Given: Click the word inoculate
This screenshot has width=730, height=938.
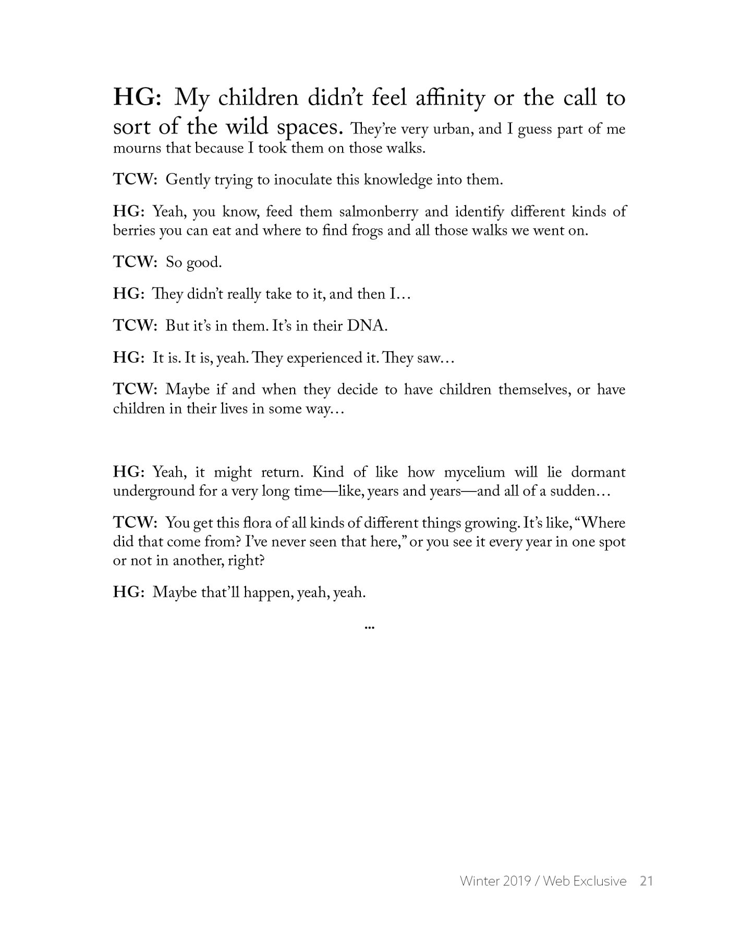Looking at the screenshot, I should (x=303, y=180).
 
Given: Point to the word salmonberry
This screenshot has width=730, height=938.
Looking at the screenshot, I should (x=379, y=212).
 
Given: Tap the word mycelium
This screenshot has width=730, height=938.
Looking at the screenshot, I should (x=475, y=473).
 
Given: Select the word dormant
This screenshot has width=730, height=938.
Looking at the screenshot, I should (x=598, y=473).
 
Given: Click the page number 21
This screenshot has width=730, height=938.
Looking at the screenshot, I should (x=647, y=881).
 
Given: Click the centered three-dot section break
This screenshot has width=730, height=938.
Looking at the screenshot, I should (x=369, y=627).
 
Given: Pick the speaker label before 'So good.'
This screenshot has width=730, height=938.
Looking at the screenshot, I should (x=135, y=263).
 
